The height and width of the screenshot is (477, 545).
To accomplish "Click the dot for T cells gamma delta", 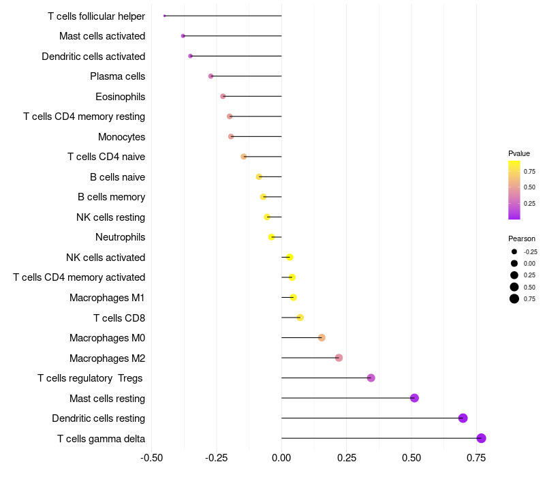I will pos(481,438).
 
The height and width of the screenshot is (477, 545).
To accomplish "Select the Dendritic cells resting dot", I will pos(463,418).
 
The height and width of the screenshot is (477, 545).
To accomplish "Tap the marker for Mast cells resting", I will pos(414,398).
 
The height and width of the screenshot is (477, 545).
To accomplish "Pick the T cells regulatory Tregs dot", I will pos(371,378).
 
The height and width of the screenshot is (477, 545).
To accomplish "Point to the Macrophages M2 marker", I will pos(339,358).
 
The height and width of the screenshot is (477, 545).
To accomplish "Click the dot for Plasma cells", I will pos(211,76).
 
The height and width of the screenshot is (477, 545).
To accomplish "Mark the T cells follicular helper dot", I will pos(165,16).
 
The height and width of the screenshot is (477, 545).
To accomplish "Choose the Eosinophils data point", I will pos(223,96).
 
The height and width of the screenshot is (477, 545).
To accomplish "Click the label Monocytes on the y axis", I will pos(121,137).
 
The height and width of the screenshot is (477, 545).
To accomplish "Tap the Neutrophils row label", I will pos(120,237).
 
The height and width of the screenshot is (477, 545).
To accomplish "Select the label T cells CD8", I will pos(119,318).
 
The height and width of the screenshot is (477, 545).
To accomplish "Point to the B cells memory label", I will pos(111,197).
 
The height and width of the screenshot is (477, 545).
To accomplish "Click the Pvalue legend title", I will pos(518,153).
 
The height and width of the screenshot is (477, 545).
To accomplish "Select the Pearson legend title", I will pos(521,238).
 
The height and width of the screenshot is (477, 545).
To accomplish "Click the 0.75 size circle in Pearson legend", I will pos(514,298).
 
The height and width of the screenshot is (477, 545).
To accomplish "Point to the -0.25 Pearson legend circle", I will pos(514,251).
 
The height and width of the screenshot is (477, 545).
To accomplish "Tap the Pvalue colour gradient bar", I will pos(514,190).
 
